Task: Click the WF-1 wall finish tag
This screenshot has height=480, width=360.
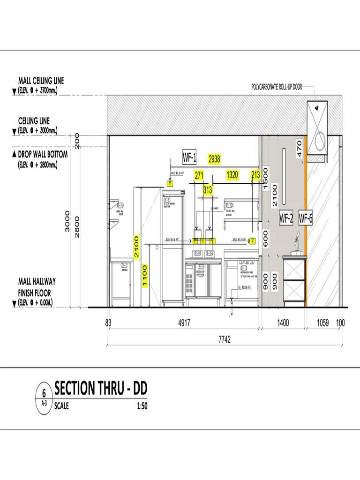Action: [x=189, y=157]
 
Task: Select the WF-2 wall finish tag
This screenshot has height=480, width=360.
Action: [x=286, y=218]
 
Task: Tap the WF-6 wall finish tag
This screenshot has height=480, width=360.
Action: [x=306, y=218]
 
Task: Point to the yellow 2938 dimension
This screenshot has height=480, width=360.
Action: [x=214, y=159]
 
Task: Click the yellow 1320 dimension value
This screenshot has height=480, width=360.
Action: [x=232, y=175]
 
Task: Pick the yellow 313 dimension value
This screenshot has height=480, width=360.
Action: [x=208, y=190]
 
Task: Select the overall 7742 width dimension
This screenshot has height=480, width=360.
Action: [x=225, y=340]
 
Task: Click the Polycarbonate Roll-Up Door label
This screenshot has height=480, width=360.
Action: [x=277, y=87]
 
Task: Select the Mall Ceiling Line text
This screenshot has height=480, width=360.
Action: [x=41, y=81]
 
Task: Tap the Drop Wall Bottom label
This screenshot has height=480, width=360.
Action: [x=43, y=154]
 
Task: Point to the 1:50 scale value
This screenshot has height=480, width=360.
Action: [x=142, y=406]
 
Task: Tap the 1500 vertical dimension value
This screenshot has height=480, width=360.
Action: [x=265, y=179]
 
